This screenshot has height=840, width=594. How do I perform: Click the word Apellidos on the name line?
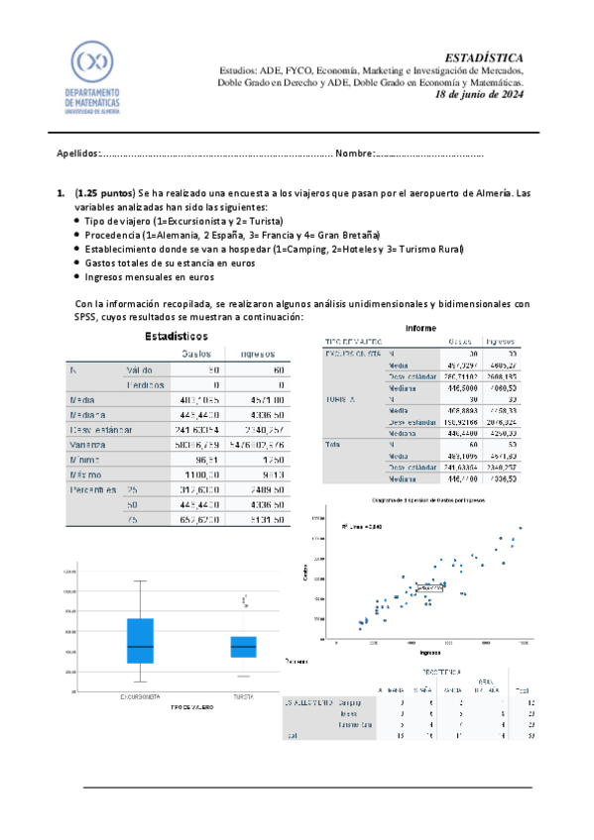coord(77,154)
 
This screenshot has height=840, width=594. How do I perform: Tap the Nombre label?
coord(354,154)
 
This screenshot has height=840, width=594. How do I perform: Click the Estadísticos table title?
coord(176,337)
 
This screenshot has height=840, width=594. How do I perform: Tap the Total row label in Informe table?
coord(332,446)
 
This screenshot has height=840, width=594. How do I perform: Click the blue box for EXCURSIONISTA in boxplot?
coord(140,641)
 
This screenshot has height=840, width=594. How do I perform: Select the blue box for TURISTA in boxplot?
coord(244,646)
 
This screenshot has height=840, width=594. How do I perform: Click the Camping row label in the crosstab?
coord(350,702)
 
